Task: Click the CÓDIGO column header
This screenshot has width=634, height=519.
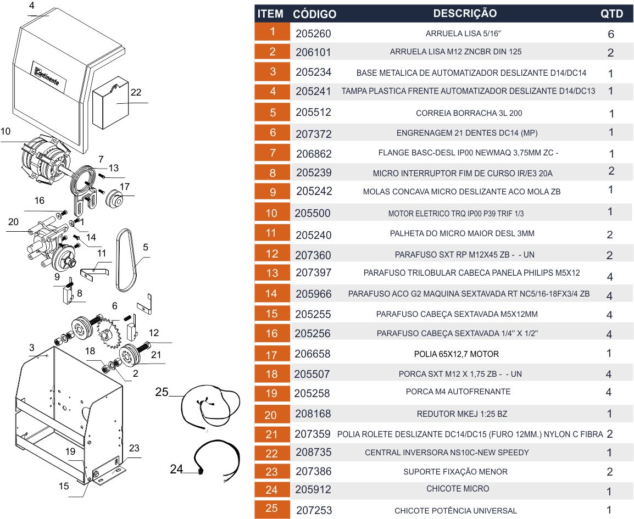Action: (x=314, y=14)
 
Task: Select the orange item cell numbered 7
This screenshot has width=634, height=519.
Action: (x=272, y=153)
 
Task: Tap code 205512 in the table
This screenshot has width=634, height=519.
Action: (x=313, y=113)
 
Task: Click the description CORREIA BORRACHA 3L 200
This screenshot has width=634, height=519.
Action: (x=469, y=113)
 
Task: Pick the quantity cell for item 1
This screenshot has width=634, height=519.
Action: (x=611, y=34)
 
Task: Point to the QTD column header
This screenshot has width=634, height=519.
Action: (x=611, y=14)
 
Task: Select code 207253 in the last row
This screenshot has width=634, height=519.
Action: (x=313, y=510)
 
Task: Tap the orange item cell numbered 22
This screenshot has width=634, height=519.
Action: (x=272, y=453)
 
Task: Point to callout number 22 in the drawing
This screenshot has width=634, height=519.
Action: (x=136, y=93)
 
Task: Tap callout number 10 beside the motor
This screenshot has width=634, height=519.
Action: (x=5, y=132)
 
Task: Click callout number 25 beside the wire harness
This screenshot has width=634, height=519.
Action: (x=161, y=392)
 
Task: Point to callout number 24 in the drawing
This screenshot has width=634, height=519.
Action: (x=176, y=469)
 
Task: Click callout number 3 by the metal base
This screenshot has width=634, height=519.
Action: (x=32, y=348)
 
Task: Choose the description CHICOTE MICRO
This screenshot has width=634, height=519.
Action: (x=457, y=489)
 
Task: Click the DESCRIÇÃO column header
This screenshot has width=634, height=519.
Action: (x=464, y=14)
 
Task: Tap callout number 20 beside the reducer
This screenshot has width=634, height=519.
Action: (x=13, y=222)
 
